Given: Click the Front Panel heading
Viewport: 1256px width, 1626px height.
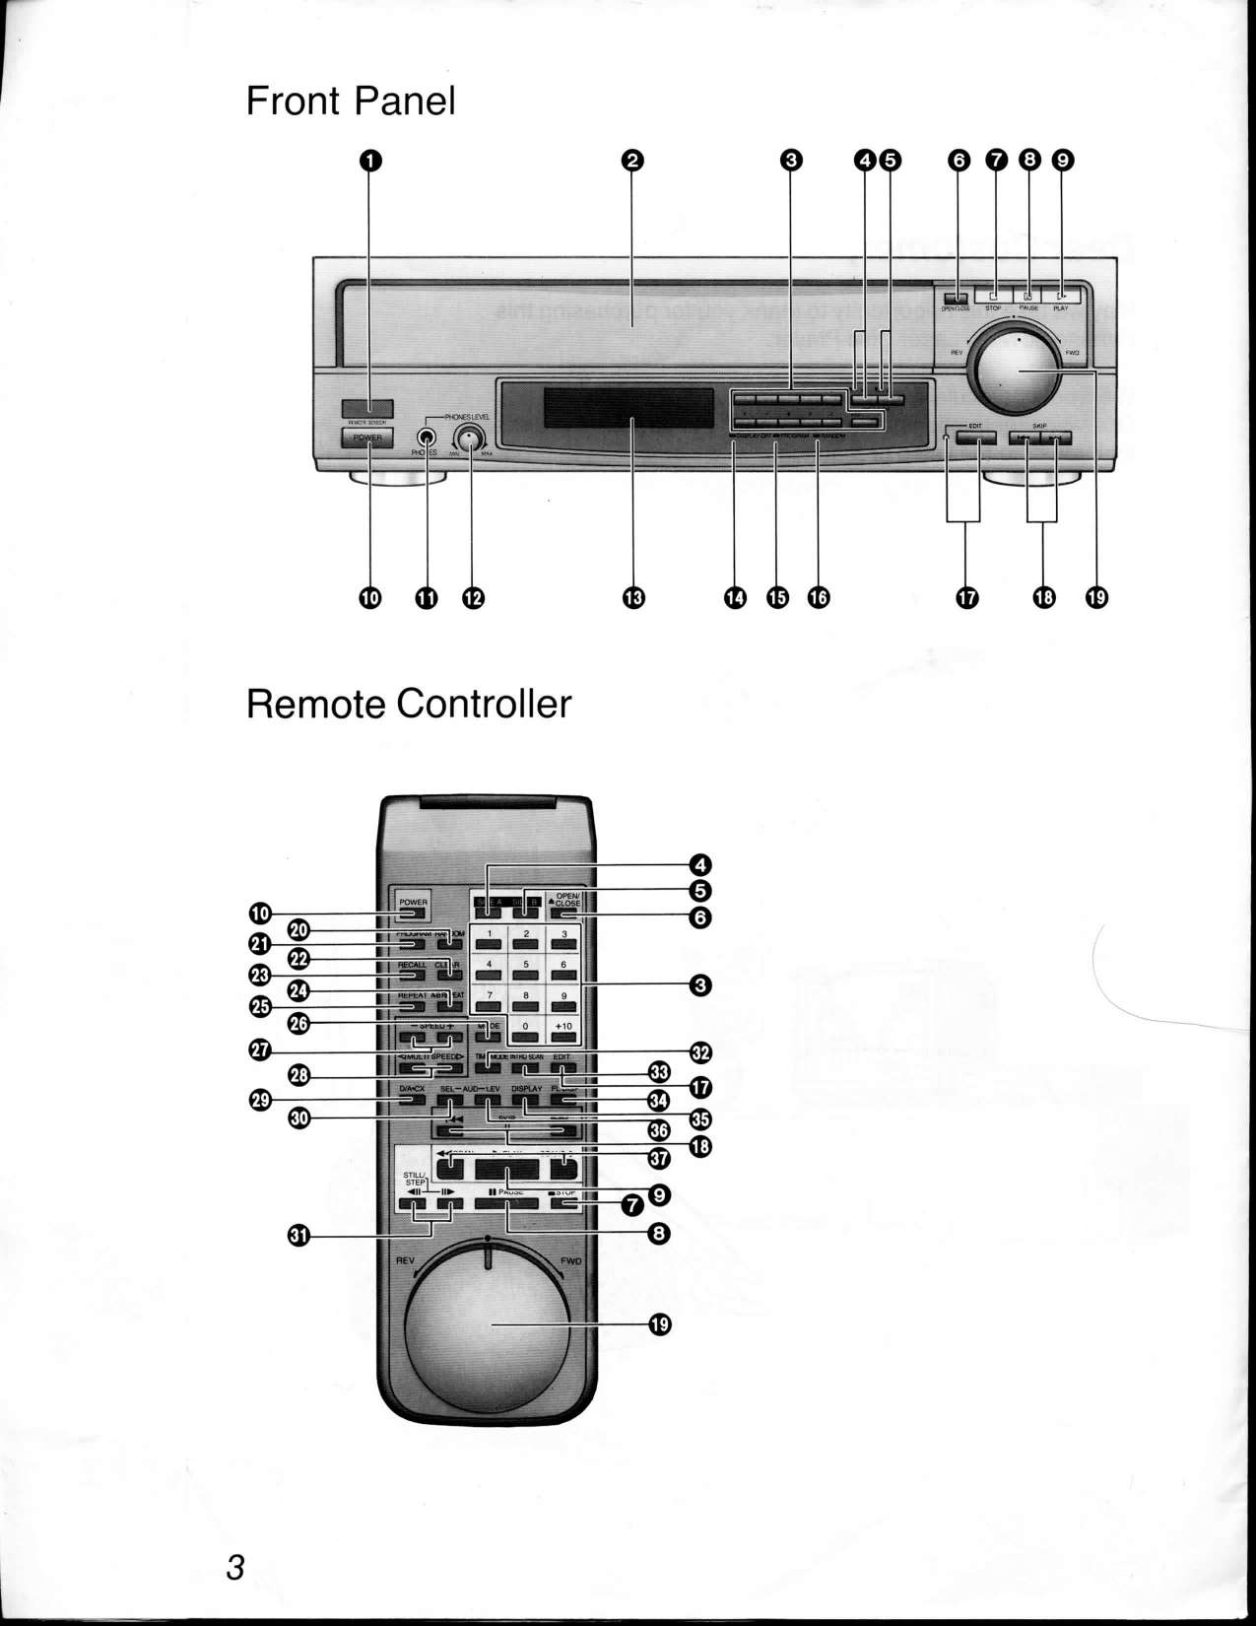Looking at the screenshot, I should pyautogui.click(x=350, y=101).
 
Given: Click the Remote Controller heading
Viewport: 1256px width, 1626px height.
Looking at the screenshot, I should pyautogui.click(x=408, y=705).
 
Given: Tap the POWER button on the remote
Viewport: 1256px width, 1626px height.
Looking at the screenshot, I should pyautogui.click(x=413, y=908).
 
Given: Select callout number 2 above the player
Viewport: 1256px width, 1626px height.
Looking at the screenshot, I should pyautogui.click(x=631, y=162).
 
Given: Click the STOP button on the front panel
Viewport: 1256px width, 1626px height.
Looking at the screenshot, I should pyautogui.click(x=993, y=295).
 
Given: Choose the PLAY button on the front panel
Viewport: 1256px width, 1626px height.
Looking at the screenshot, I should pyautogui.click(x=1061, y=295).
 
